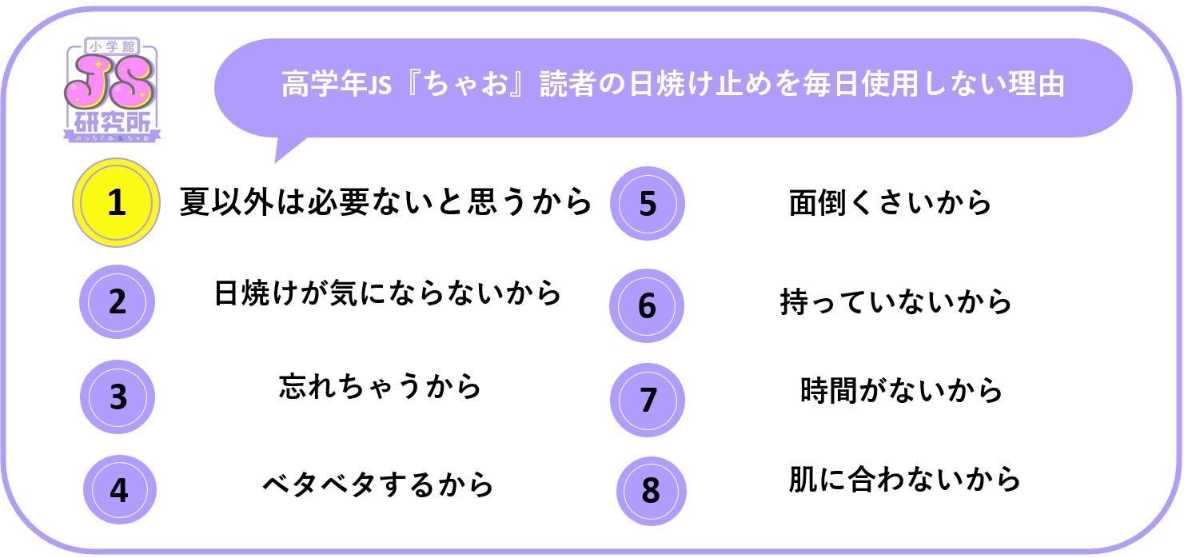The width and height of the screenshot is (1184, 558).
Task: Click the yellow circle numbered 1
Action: (x=117, y=202)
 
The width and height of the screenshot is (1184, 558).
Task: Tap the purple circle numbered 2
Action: (x=117, y=302)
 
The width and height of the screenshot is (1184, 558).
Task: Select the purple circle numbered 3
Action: (x=118, y=397)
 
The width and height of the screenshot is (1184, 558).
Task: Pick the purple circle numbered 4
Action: (x=118, y=489)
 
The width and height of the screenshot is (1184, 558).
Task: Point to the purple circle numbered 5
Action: (x=647, y=204)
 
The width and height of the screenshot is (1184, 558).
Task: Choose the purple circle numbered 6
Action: (x=647, y=305)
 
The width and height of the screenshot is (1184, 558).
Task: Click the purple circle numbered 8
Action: (x=651, y=490)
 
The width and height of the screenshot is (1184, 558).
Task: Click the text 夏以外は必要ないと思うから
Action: (x=385, y=201)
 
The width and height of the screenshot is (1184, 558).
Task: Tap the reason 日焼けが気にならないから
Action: (x=388, y=293)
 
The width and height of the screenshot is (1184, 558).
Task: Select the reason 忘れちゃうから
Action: (x=380, y=387)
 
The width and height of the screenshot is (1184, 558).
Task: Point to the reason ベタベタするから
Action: (x=377, y=484)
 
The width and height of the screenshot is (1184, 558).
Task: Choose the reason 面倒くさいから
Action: (x=890, y=203)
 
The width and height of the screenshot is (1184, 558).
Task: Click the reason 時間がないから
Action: (x=901, y=391)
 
